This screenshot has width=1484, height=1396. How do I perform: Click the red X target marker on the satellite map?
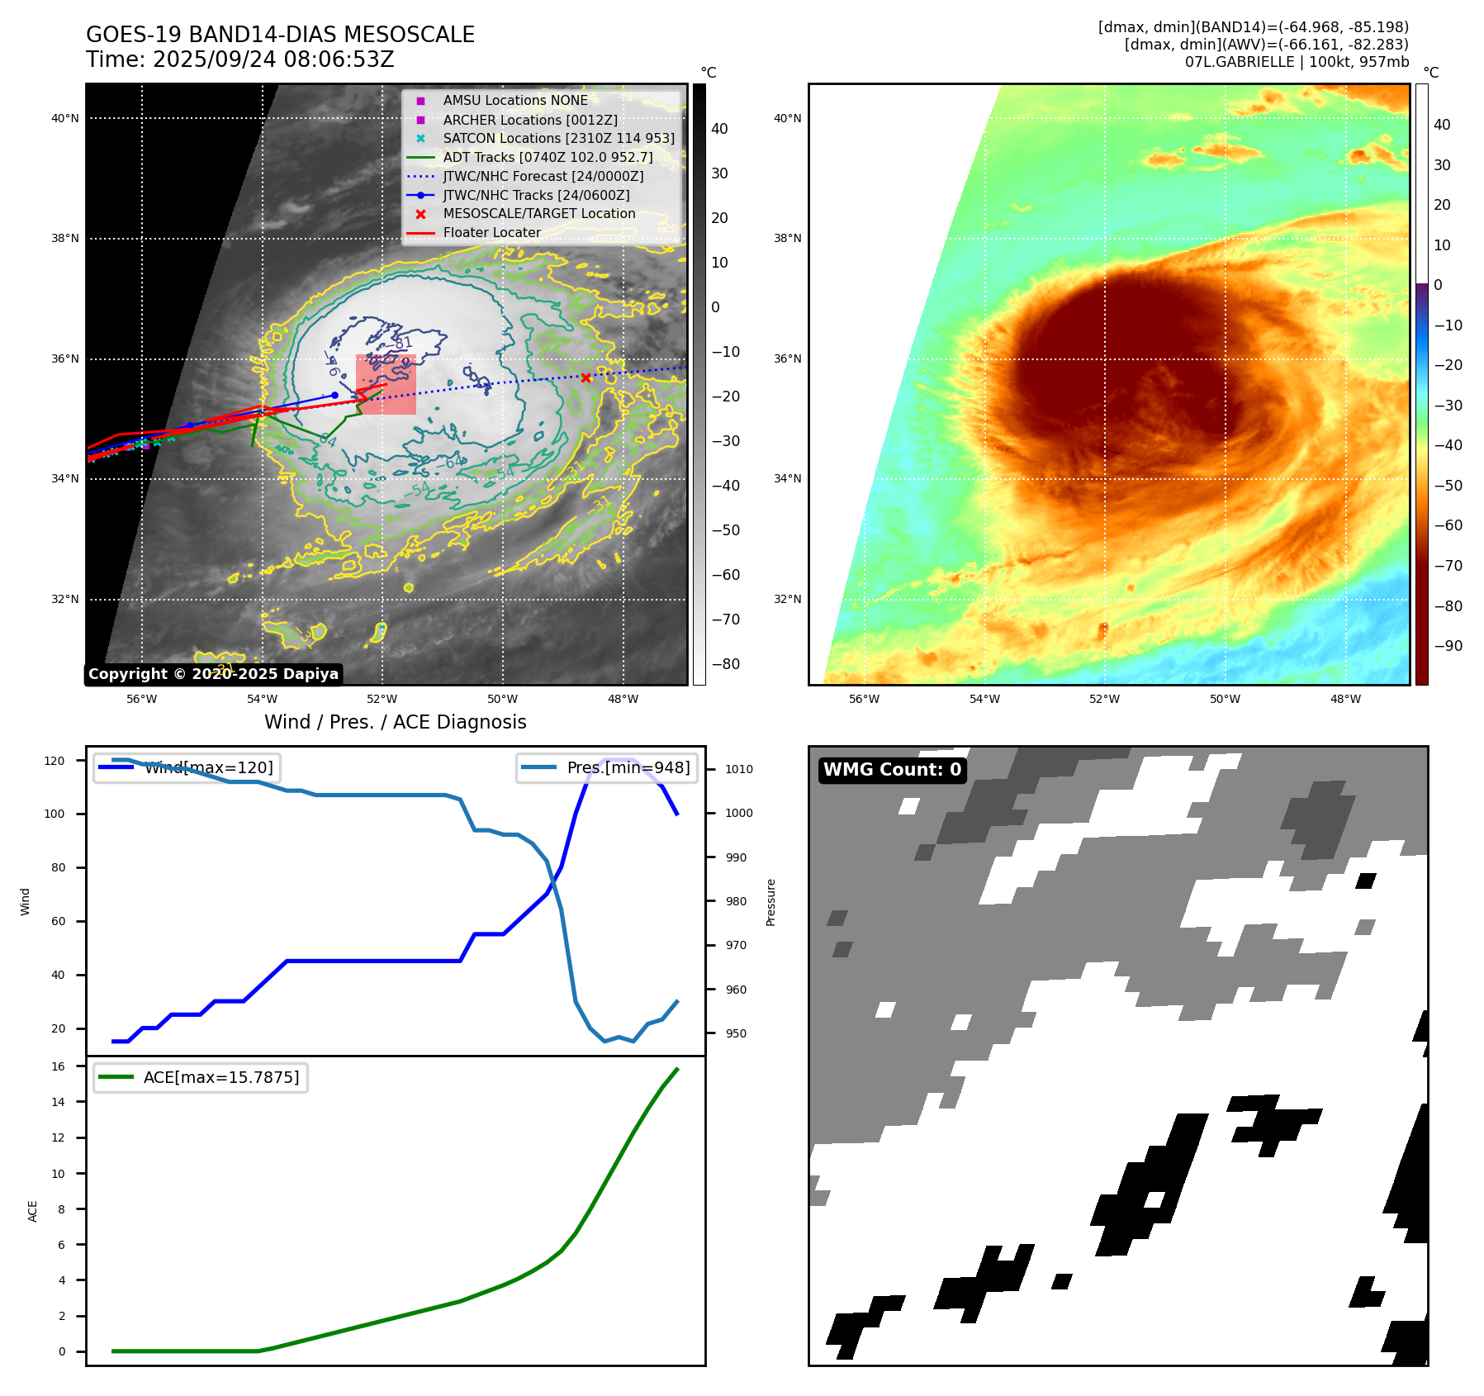click(x=586, y=377)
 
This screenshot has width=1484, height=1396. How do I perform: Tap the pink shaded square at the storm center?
click(x=386, y=385)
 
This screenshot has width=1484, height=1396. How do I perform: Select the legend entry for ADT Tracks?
click(x=548, y=157)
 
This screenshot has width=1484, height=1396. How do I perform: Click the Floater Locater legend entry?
click(x=491, y=233)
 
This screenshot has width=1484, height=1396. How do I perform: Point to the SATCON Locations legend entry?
click(x=558, y=138)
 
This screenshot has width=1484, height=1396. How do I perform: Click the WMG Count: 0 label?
click(x=892, y=770)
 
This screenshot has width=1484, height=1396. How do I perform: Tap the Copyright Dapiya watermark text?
click(x=213, y=674)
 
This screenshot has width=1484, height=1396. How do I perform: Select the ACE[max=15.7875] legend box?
click(x=201, y=1077)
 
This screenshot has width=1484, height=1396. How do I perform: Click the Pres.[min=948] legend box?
click(x=607, y=767)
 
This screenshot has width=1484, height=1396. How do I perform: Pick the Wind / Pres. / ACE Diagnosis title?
click(x=395, y=722)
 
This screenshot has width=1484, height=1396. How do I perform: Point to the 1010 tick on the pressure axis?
click(x=738, y=769)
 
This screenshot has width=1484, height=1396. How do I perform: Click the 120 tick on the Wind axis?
click(x=54, y=761)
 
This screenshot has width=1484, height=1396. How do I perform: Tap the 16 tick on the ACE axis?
click(x=59, y=1066)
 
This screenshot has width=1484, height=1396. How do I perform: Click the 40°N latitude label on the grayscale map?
click(x=65, y=118)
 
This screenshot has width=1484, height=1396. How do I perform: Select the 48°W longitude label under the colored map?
click(x=1344, y=699)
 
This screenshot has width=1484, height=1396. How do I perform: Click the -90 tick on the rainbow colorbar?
click(x=1447, y=646)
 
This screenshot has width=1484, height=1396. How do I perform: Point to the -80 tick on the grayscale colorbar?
click(x=725, y=664)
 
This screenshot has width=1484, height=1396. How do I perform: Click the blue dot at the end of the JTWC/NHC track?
click(x=334, y=395)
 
